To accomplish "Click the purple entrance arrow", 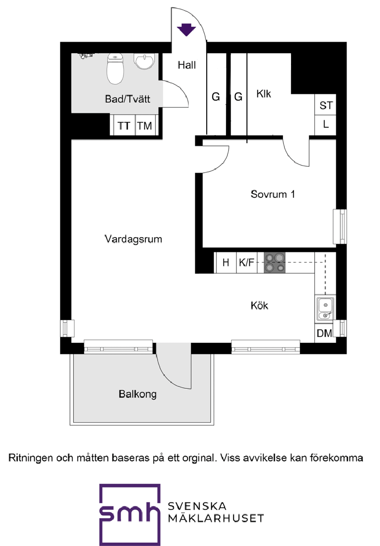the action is [187, 30].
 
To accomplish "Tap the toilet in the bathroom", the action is [115, 68].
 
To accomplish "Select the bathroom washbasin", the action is [144, 62].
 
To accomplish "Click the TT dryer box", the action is [124, 125].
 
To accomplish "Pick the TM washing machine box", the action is [145, 125].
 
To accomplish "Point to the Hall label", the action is [187, 65].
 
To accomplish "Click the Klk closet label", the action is [263, 94].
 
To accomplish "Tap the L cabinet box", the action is [325, 125].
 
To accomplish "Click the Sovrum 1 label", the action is [273, 194].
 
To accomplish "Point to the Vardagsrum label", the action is [133, 239].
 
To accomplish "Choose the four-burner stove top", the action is [274, 262].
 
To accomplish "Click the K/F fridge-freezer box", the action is [247, 262].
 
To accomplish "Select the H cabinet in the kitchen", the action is [226, 262].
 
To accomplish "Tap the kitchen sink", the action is [324, 308].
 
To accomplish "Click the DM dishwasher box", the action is [324, 333].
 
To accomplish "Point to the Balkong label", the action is [137, 394].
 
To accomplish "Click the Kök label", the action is [259, 306].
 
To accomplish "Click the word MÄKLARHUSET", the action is [216, 518].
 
